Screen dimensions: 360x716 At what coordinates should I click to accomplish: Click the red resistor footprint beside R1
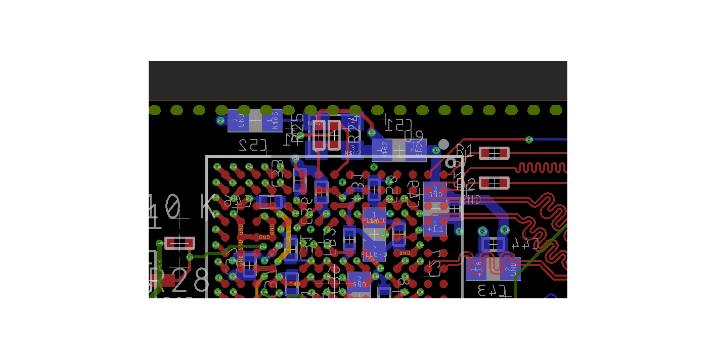point(494,153)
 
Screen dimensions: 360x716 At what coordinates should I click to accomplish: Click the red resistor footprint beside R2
point(494,183)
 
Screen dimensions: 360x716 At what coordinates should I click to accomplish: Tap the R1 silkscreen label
point(465,150)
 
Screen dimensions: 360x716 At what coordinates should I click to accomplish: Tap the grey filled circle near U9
point(443,144)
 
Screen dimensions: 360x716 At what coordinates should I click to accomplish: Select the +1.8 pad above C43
point(476,268)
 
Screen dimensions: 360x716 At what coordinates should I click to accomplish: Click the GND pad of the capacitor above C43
point(511,268)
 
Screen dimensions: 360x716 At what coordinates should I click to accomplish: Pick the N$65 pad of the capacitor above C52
point(273,121)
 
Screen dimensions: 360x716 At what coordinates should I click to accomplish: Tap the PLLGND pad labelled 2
point(374,251)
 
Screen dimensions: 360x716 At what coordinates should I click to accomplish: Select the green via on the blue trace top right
point(529,139)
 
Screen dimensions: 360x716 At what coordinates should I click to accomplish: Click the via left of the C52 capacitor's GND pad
point(220,120)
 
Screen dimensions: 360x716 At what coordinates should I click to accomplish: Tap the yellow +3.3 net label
point(159,265)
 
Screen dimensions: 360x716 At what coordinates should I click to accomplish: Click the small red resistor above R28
point(179,244)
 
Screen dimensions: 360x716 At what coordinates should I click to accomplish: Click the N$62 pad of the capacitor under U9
point(383,150)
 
